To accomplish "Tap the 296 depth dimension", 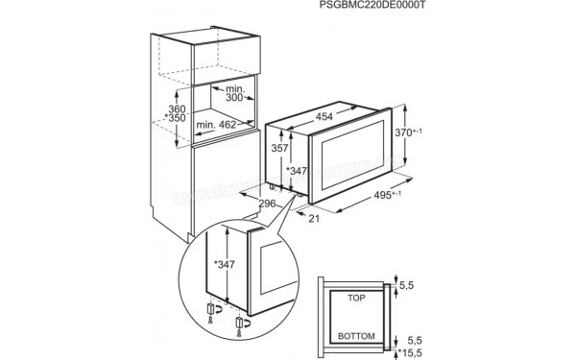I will pyautogui.click(x=268, y=203).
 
